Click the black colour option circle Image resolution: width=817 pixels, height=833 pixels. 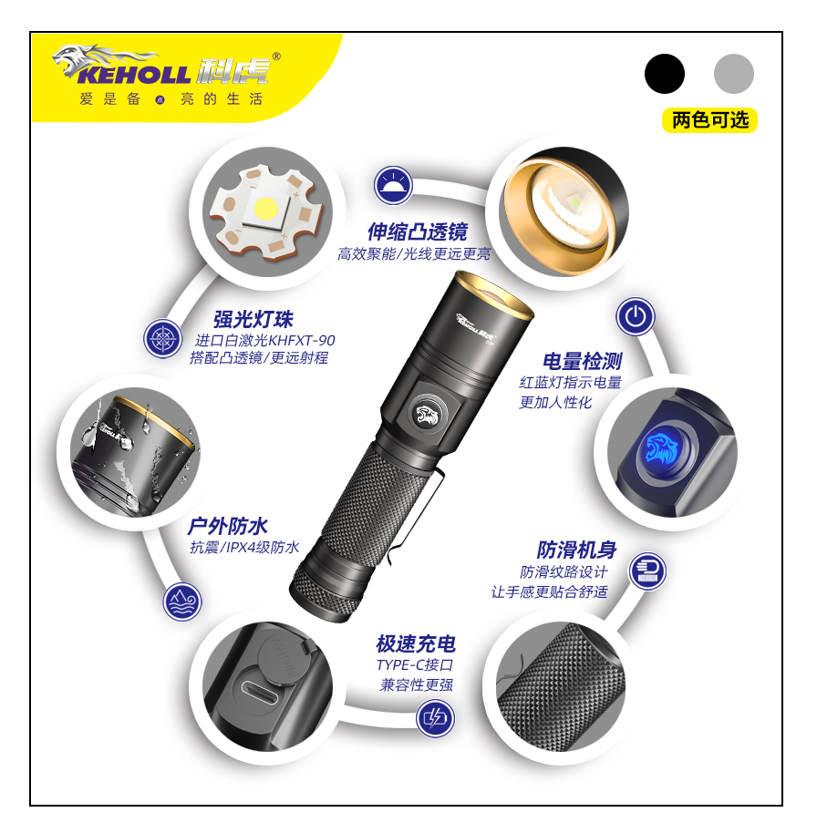tap(665, 74)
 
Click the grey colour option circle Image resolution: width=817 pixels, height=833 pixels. tap(733, 74)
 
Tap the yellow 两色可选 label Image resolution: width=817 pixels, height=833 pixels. tap(709, 120)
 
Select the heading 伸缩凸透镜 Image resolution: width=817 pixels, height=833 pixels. tap(418, 231)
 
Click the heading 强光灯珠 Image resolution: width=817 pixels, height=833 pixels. tap(253, 319)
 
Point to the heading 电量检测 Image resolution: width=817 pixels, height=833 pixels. tap(582, 361)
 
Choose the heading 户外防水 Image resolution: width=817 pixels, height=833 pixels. tap(228, 526)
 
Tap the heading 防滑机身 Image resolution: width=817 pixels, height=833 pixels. tap(577, 550)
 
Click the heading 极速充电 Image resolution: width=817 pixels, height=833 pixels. tap(416, 643)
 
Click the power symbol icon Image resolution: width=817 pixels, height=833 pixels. tap(636, 316)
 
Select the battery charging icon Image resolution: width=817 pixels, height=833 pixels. tap(435, 718)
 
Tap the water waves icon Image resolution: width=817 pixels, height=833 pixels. tap(182, 602)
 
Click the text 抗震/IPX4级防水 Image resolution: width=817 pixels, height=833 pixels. tap(244, 547)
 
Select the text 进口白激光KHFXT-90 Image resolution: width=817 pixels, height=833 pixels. tap(264, 340)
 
